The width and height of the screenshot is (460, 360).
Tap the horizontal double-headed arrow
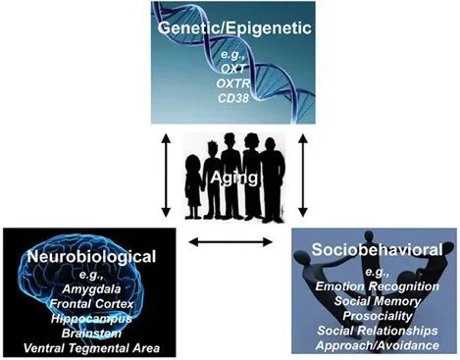[231, 241]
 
